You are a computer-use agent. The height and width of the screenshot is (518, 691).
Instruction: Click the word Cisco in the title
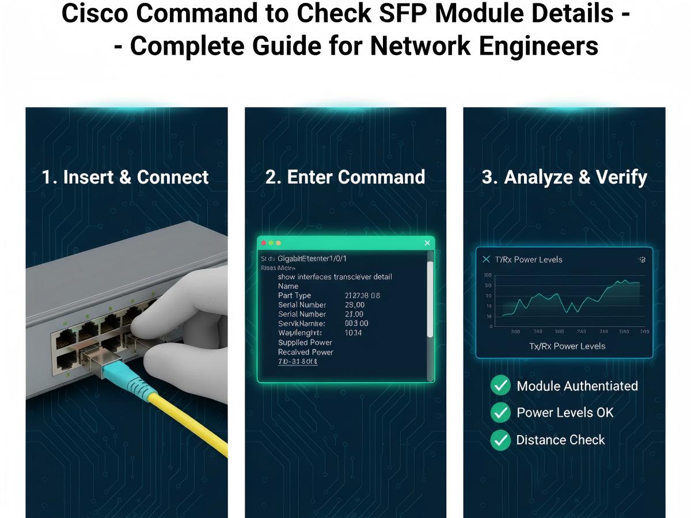[91, 14]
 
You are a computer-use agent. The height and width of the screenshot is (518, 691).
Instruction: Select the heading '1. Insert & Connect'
[126, 177]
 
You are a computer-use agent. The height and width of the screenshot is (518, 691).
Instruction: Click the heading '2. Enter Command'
[345, 177]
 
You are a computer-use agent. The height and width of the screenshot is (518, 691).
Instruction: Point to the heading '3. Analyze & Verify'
[564, 177]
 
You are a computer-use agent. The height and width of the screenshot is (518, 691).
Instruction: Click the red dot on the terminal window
[264, 243]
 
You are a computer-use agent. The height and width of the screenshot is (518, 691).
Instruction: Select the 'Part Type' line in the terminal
[294, 295]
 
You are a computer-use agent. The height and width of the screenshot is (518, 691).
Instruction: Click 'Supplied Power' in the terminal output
[305, 342]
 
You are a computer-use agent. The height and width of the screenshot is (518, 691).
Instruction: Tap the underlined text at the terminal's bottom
[298, 362]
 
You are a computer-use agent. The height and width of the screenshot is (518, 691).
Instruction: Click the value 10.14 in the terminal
[353, 333]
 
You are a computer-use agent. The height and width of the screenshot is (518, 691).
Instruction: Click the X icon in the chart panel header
[486, 260]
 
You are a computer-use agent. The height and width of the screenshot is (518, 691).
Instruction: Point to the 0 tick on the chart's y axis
[491, 326]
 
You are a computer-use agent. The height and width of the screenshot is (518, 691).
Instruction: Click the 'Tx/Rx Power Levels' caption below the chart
[567, 346]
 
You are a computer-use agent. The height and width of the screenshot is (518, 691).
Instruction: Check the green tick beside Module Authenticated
[500, 386]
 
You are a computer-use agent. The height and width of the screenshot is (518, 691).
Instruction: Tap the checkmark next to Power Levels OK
[500, 413]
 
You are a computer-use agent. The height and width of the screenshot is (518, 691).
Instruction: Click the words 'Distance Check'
[560, 440]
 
